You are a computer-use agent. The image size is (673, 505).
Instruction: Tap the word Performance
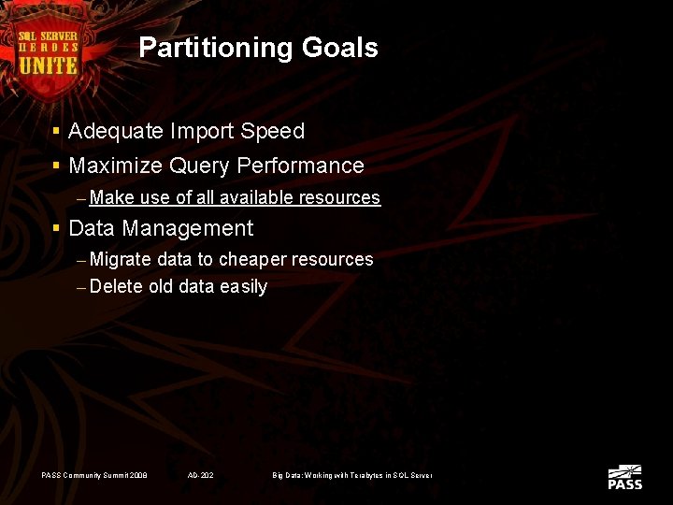coord(300,166)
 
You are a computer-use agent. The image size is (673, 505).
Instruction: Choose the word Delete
coord(116,287)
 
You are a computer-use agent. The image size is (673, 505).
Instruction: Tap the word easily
coord(243,287)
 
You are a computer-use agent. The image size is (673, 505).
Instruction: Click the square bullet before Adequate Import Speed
coord(57,132)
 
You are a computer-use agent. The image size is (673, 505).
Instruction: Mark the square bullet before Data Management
coord(57,228)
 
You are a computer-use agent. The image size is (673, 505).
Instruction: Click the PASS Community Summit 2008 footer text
coord(94,476)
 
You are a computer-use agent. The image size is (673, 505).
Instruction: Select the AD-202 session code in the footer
coord(200,476)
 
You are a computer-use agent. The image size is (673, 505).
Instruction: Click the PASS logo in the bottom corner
coord(624,477)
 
